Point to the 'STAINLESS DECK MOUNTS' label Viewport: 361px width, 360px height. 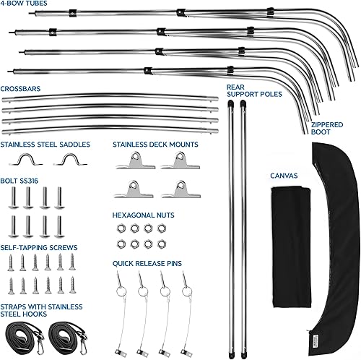point(155,144)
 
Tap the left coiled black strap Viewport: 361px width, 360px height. point(23,334)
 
